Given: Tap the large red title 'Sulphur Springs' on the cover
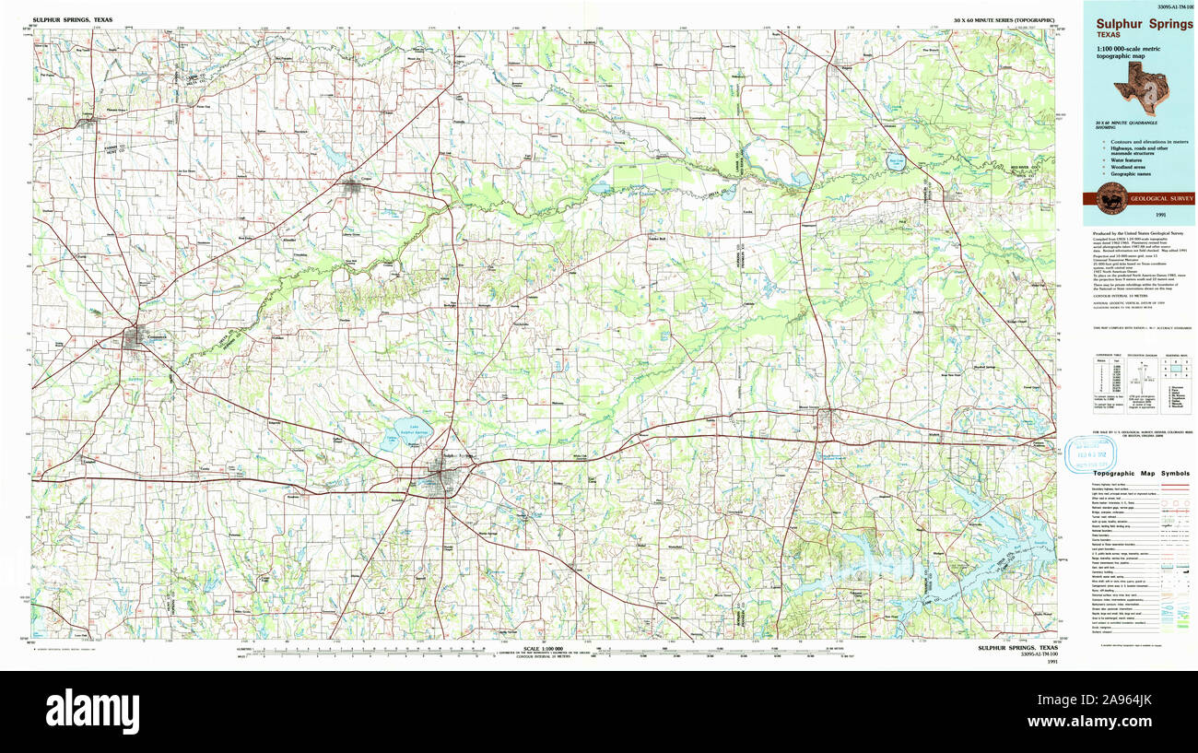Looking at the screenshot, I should point(1144,25).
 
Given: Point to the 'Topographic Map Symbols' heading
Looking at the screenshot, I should point(1140,473).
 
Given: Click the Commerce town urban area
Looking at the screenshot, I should point(141,339).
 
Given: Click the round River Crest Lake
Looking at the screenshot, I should point(896,162).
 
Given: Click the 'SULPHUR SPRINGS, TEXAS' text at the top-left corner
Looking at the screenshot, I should point(67,18).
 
